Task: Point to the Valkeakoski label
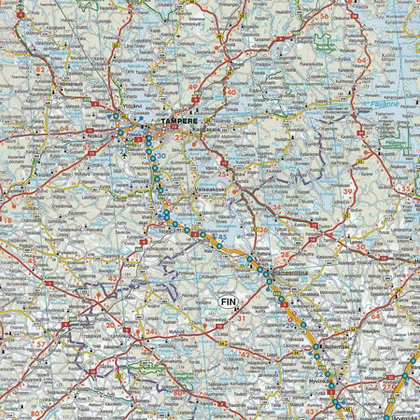[x=206, y=188]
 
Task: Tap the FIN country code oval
[x=229, y=301]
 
